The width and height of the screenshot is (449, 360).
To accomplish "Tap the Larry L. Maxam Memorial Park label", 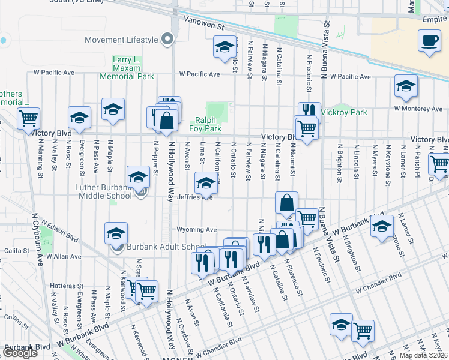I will point(134,68).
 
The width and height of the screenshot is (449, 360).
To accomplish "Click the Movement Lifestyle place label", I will point(121,40).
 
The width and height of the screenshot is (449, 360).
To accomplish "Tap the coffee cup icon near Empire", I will point(430,40).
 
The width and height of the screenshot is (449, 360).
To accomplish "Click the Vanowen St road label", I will point(204,27).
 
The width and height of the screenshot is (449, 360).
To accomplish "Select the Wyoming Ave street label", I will point(196,230).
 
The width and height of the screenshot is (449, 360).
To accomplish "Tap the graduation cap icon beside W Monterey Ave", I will point(406,86).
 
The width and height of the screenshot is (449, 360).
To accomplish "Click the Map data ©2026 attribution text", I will point(423,355).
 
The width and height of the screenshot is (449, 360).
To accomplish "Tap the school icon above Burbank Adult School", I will point(116,233).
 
